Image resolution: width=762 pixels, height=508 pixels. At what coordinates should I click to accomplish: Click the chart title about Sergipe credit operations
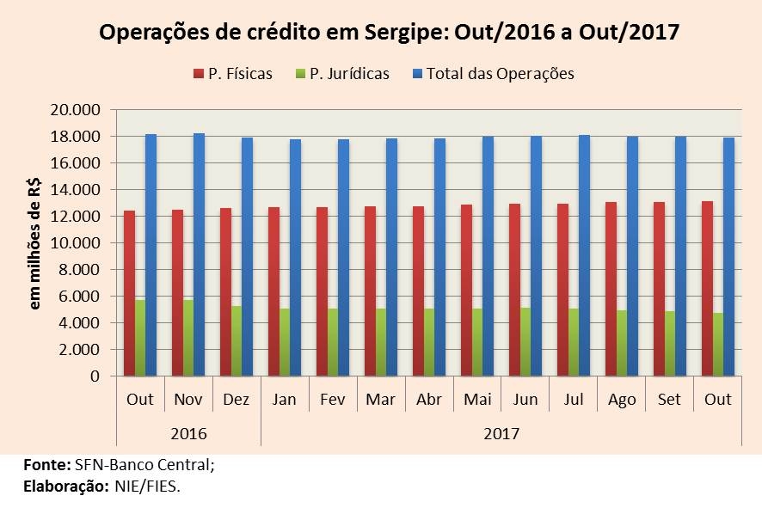[x=389, y=33]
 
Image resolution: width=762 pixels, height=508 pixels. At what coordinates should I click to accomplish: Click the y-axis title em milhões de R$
[x=35, y=249]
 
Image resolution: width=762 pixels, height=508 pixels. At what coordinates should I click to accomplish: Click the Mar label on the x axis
[x=381, y=400]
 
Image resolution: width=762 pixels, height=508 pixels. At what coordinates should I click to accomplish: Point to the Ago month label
[x=622, y=400]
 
